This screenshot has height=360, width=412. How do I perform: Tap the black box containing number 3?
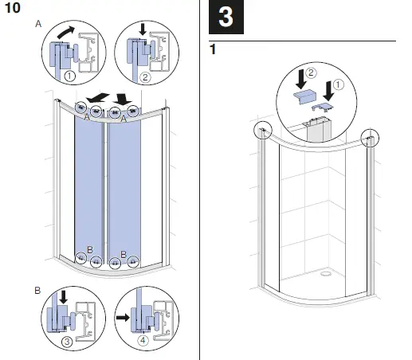226,18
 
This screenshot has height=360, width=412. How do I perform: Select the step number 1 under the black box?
212,49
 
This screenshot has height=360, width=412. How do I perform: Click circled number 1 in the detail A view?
69,77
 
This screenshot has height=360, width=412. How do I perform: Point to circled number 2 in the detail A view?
145,77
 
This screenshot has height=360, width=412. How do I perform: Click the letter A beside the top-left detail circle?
37,24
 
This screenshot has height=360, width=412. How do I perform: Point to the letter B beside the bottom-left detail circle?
37,289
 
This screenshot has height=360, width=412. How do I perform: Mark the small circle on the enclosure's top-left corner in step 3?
262,131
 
